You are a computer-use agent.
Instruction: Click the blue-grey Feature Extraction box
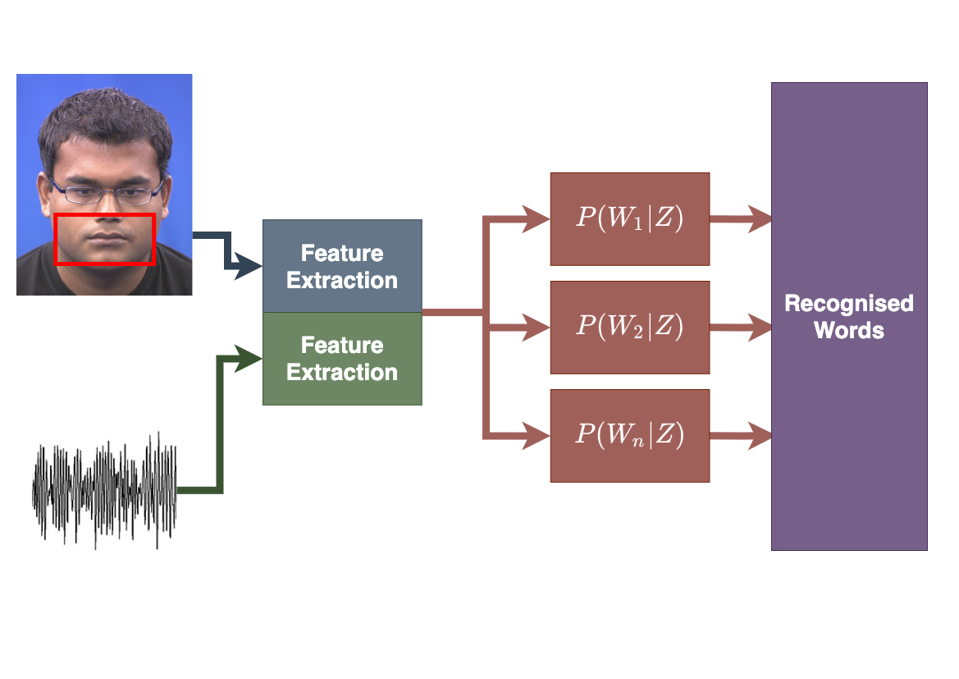click(342, 266)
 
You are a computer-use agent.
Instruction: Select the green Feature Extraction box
click(342, 359)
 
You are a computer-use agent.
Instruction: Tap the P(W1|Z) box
click(629, 219)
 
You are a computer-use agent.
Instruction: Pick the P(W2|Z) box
click(629, 327)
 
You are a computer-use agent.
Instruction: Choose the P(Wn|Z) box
click(629, 435)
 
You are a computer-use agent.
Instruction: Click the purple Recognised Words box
click(849, 411)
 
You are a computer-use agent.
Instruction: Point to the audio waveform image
click(104, 489)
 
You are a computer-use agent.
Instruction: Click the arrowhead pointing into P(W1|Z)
click(537, 219)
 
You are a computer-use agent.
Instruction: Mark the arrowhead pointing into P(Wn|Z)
click(537, 435)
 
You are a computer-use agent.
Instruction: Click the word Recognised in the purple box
click(849, 304)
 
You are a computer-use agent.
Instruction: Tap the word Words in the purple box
click(849, 331)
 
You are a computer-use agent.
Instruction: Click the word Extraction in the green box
click(342, 372)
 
